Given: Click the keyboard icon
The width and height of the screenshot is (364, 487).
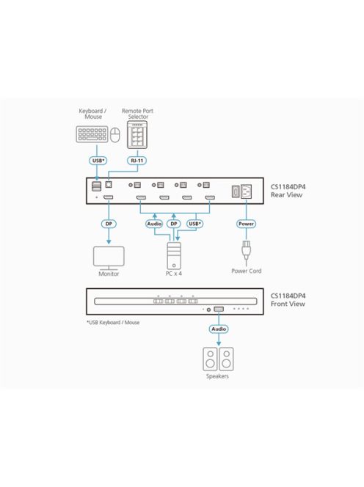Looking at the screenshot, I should [90, 135].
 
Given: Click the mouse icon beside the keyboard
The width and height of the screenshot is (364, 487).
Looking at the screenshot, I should [114, 135].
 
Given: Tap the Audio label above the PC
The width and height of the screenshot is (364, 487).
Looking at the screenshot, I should [154, 223].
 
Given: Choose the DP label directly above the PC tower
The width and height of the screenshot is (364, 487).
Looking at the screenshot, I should [174, 223].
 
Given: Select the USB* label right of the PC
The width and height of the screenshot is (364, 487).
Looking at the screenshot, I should [195, 223].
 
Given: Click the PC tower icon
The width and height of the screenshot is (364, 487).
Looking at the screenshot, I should [174, 256].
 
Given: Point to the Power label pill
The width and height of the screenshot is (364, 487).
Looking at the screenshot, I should [245, 223].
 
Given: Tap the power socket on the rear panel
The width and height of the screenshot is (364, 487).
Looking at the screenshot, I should [247, 191].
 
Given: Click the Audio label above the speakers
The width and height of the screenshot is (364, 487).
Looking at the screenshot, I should [219, 329].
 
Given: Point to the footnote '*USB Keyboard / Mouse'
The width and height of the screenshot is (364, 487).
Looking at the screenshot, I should [113, 322].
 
